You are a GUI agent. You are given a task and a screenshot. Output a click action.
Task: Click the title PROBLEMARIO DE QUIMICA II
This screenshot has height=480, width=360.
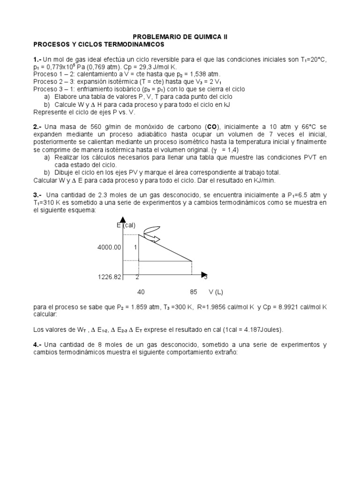(180, 37)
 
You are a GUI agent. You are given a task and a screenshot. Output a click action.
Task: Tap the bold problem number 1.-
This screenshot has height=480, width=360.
(37, 60)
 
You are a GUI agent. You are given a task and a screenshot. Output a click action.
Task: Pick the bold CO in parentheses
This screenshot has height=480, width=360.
(211, 127)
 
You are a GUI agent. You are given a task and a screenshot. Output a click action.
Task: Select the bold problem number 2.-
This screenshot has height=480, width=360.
(38, 127)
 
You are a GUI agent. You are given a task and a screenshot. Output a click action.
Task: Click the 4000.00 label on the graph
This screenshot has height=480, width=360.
(109, 247)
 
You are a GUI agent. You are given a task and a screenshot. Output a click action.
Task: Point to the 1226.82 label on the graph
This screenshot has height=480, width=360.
(109, 277)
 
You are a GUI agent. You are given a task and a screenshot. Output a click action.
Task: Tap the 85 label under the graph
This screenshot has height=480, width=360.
(194, 292)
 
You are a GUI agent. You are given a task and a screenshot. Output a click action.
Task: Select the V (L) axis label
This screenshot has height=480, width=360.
(216, 292)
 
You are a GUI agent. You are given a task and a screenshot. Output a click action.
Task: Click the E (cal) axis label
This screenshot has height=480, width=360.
(126, 225)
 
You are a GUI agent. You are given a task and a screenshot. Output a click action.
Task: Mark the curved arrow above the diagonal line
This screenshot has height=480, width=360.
(151, 233)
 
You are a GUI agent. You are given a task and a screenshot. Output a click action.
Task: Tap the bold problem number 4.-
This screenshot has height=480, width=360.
(38, 345)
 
